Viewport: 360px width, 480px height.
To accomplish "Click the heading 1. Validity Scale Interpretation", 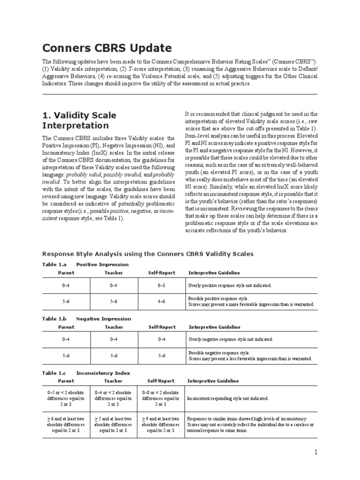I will click(79, 120).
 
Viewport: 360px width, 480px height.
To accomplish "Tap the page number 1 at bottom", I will click(316, 452).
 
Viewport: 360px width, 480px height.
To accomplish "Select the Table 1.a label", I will click(55, 264).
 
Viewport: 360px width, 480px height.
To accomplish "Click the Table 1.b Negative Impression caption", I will click(86, 319).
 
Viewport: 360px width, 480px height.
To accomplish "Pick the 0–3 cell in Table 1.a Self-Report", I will click(161, 285).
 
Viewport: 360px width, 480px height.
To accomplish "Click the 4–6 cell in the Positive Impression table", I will click(161, 301).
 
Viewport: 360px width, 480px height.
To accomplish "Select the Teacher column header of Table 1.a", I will click(113, 273).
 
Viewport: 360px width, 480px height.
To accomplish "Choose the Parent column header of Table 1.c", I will click(66, 381).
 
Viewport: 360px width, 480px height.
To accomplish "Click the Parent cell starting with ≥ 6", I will click(66, 424).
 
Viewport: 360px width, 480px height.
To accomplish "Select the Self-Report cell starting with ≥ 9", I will click(160, 424).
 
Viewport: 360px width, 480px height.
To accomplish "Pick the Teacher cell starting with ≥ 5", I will click(113, 424).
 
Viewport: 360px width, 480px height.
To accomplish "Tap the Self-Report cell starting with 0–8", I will click(160, 398).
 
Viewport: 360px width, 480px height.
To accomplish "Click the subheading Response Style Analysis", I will click(148, 254).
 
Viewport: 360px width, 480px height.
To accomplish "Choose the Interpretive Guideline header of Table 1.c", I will click(213, 381).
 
